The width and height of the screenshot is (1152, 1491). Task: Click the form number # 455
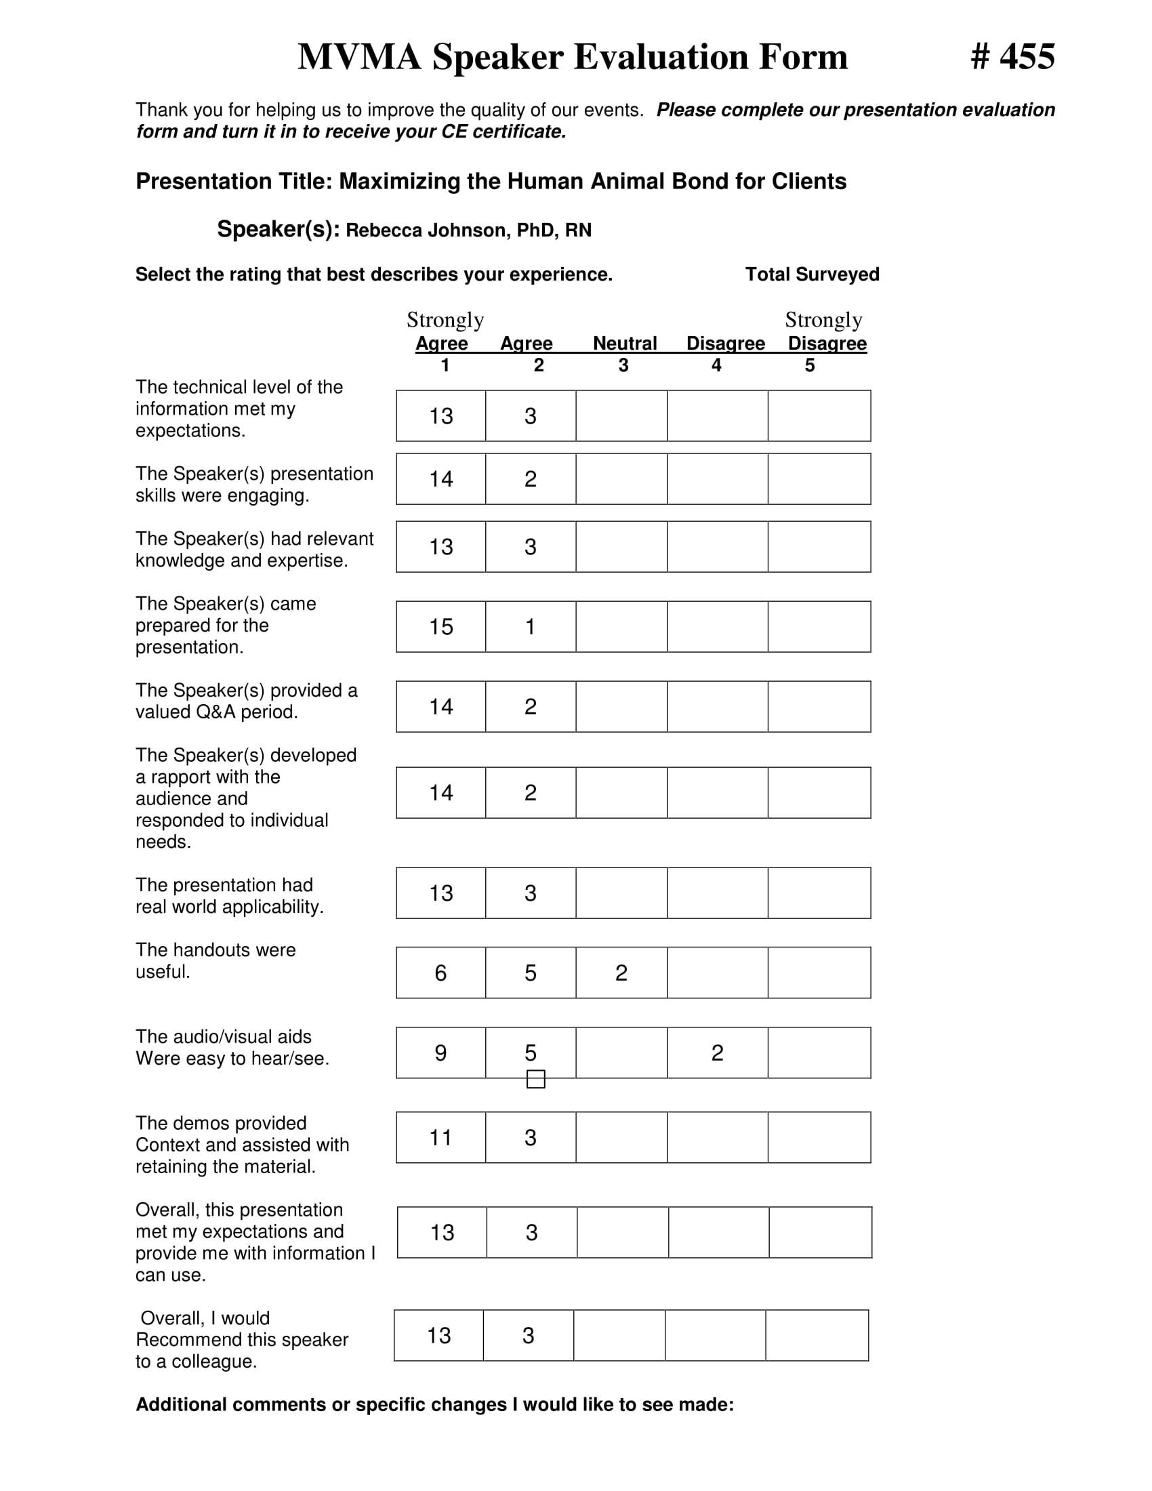[1012, 57]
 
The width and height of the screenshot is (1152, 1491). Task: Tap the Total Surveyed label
[811, 274]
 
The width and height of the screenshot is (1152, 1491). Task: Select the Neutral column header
[625, 343]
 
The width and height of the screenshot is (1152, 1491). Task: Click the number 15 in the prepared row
[441, 627]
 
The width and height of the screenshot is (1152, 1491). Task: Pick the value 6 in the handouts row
[441, 973]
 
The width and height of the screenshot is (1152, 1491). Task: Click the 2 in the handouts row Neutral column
[621, 973]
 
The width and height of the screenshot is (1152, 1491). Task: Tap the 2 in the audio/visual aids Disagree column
[717, 1053]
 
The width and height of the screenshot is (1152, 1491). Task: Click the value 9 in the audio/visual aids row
[441, 1053]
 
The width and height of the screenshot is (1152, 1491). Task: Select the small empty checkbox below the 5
[536, 1079]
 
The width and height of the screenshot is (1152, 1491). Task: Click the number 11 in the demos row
[441, 1137]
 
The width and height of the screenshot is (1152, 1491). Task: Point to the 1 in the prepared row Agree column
[531, 627]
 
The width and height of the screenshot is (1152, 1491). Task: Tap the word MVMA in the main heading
[359, 57]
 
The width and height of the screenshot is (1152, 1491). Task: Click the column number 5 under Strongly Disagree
[809, 365]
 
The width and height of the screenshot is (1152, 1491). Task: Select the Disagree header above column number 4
[725, 343]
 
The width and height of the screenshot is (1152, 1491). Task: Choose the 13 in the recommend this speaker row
[439, 1335]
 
